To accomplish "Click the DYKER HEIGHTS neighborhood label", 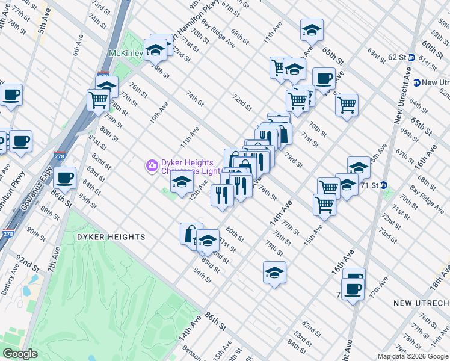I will pyautogui.click(x=111, y=237).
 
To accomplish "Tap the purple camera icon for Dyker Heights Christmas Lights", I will pyautogui.click(x=152, y=164).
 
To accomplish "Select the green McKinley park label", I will pyautogui.click(x=125, y=54).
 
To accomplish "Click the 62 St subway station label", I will pyautogui.click(x=397, y=57).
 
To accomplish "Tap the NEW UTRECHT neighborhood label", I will pyautogui.click(x=421, y=303).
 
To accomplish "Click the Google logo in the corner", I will pyautogui.click(x=20, y=354).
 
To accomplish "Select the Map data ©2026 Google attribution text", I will pyautogui.click(x=413, y=356).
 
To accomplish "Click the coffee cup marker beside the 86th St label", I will pyautogui.click(x=64, y=177).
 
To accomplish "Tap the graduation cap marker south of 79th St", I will pyautogui.click(x=274, y=272).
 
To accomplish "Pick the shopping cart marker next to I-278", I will pyautogui.click(x=98, y=100).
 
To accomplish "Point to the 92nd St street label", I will pyautogui.click(x=28, y=262).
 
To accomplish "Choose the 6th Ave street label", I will pyautogui.click(x=79, y=45).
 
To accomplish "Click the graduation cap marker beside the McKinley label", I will pyautogui.click(x=156, y=50).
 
